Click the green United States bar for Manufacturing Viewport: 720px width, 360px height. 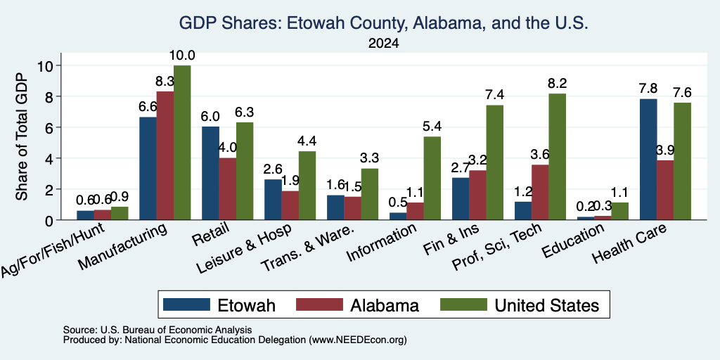182,143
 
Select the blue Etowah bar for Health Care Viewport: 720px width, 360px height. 648,160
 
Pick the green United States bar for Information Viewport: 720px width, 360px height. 432,178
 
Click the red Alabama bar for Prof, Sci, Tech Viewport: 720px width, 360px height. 540,192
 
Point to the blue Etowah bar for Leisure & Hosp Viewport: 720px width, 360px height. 273,200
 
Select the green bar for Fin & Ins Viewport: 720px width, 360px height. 495,162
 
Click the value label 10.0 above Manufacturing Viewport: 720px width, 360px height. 182,56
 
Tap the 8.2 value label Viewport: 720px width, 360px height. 557,84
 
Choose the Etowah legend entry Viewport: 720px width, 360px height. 219,305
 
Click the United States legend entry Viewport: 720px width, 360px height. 520,305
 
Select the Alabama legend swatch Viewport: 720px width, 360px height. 320,304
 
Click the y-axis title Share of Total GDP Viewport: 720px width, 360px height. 22,136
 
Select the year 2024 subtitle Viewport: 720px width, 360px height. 383,44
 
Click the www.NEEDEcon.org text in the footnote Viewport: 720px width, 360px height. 358,340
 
